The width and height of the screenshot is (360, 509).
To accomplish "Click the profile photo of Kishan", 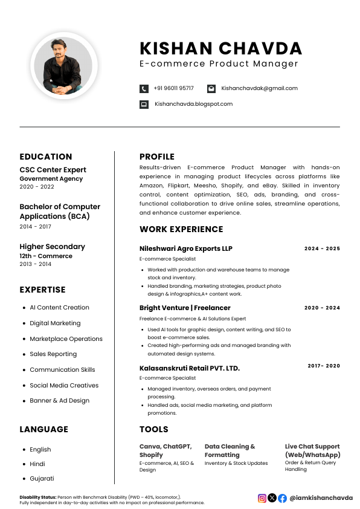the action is (63, 65).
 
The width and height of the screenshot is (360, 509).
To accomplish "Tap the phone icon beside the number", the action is (144, 88).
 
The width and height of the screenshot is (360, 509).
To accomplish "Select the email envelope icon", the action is (211, 88).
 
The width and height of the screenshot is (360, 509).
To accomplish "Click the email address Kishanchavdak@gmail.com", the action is (259, 88).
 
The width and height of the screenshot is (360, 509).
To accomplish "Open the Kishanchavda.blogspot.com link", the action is (193, 104).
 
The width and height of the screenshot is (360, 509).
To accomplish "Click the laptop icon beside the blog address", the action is (144, 104).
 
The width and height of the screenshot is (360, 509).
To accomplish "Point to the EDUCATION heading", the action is (46, 157).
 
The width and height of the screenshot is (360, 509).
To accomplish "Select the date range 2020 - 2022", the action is (37, 187).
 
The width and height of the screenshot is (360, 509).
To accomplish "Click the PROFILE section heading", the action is (156, 157).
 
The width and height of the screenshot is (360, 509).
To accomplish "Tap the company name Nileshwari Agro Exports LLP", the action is (185, 248).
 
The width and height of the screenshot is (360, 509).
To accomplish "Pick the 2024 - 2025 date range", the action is (322, 248).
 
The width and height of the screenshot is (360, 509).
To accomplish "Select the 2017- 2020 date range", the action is (324, 366).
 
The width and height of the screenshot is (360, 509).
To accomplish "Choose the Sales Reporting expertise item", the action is (53, 354).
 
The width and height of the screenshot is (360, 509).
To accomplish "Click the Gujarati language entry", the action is (42, 478).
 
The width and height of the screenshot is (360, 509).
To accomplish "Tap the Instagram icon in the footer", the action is (262, 498).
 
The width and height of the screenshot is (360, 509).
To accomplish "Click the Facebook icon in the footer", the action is (282, 498).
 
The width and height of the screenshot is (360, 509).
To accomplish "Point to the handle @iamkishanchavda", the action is (321, 498).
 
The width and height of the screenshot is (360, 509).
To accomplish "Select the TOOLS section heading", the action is (154, 429).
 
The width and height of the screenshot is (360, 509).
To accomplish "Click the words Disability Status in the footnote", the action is (37, 497).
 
